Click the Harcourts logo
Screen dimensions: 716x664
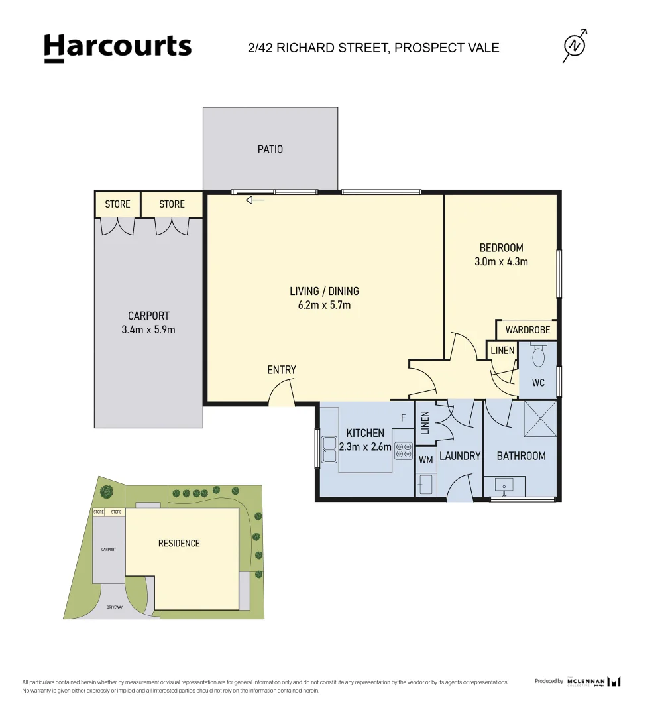pos(117,48)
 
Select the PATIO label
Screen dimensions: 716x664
pos(270,149)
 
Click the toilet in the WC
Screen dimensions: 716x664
pos(538,357)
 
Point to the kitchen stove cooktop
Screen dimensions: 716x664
pos(403,451)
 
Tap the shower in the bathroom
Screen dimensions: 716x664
pos(539,419)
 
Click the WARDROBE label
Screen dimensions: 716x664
pos(527,329)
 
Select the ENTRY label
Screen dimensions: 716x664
pos(282,370)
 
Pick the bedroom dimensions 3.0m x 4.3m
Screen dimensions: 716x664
pos(501,261)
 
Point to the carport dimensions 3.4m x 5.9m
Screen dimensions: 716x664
pos(148,329)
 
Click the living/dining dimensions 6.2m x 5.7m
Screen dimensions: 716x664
pos(324,305)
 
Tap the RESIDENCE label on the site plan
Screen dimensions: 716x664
pos(179,543)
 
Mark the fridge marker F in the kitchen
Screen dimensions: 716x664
pos(403,418)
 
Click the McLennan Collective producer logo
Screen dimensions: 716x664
pos(594,682)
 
